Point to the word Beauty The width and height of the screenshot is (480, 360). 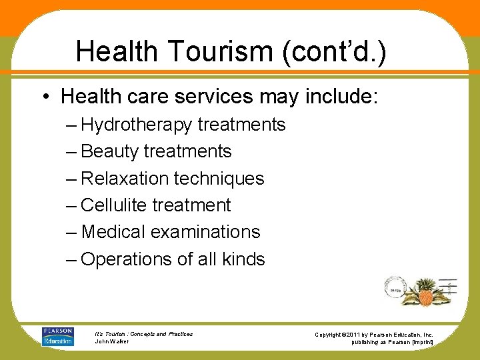point(110,152)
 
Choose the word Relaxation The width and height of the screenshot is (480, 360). point(125,179)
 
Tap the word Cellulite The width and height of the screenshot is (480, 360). point(114,205)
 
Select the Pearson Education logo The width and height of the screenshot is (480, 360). point(58,337)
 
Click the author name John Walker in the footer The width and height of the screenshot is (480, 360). point(111,341)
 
